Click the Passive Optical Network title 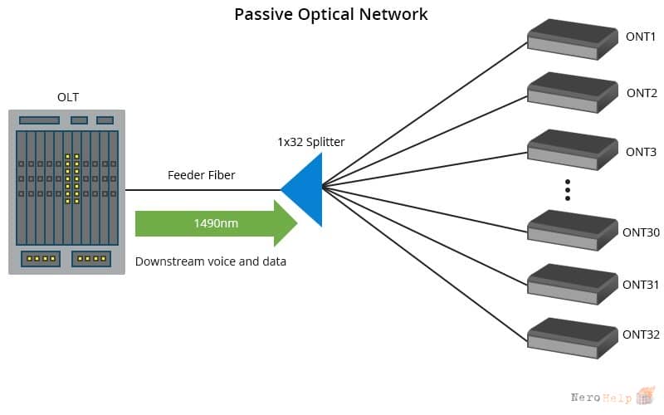(x=330, y=14)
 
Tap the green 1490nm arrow (x=217, y=223)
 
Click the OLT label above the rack (x=68, y=97)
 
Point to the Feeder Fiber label (x=201, y=175)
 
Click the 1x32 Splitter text (x=310, y=142)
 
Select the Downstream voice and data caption (x=211, y=261)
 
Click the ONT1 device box (x=573, y=39)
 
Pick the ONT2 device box (x=573, y=93)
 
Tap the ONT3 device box (x=573, y=150)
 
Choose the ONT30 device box (x=573, y=231)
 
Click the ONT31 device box (x=573, y=284)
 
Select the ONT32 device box (x=573, y=339)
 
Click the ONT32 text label (x=641, y=334)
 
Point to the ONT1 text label (x=640, y=37)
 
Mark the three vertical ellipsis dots (x=568, y=190)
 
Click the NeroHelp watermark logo (x=613, y=396)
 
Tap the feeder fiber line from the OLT (x=203, y=190)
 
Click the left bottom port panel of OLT (x=41, y=259)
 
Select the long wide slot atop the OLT (x=39, y=120)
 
